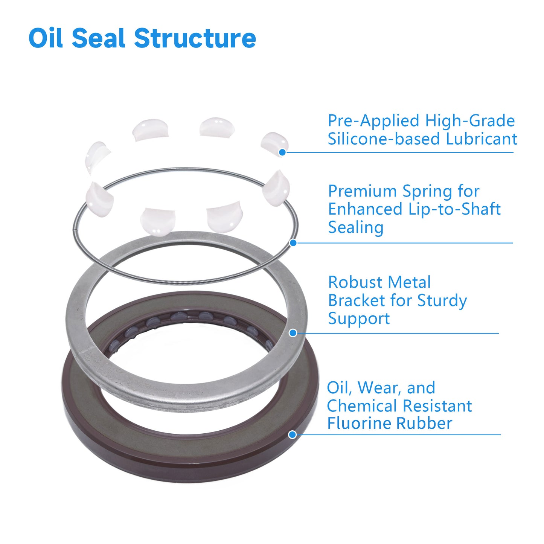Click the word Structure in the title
coord(195,38)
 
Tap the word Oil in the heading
coord(46,38)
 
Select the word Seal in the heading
coord(98,38)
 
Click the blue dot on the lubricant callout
coord(282,152)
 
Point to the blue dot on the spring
coord(293,243)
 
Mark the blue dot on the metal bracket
coord(293,333)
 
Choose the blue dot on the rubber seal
coord(293,435)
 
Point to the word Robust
coord(355,282)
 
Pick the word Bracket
coord(356,300)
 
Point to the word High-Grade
coord(470,121)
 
